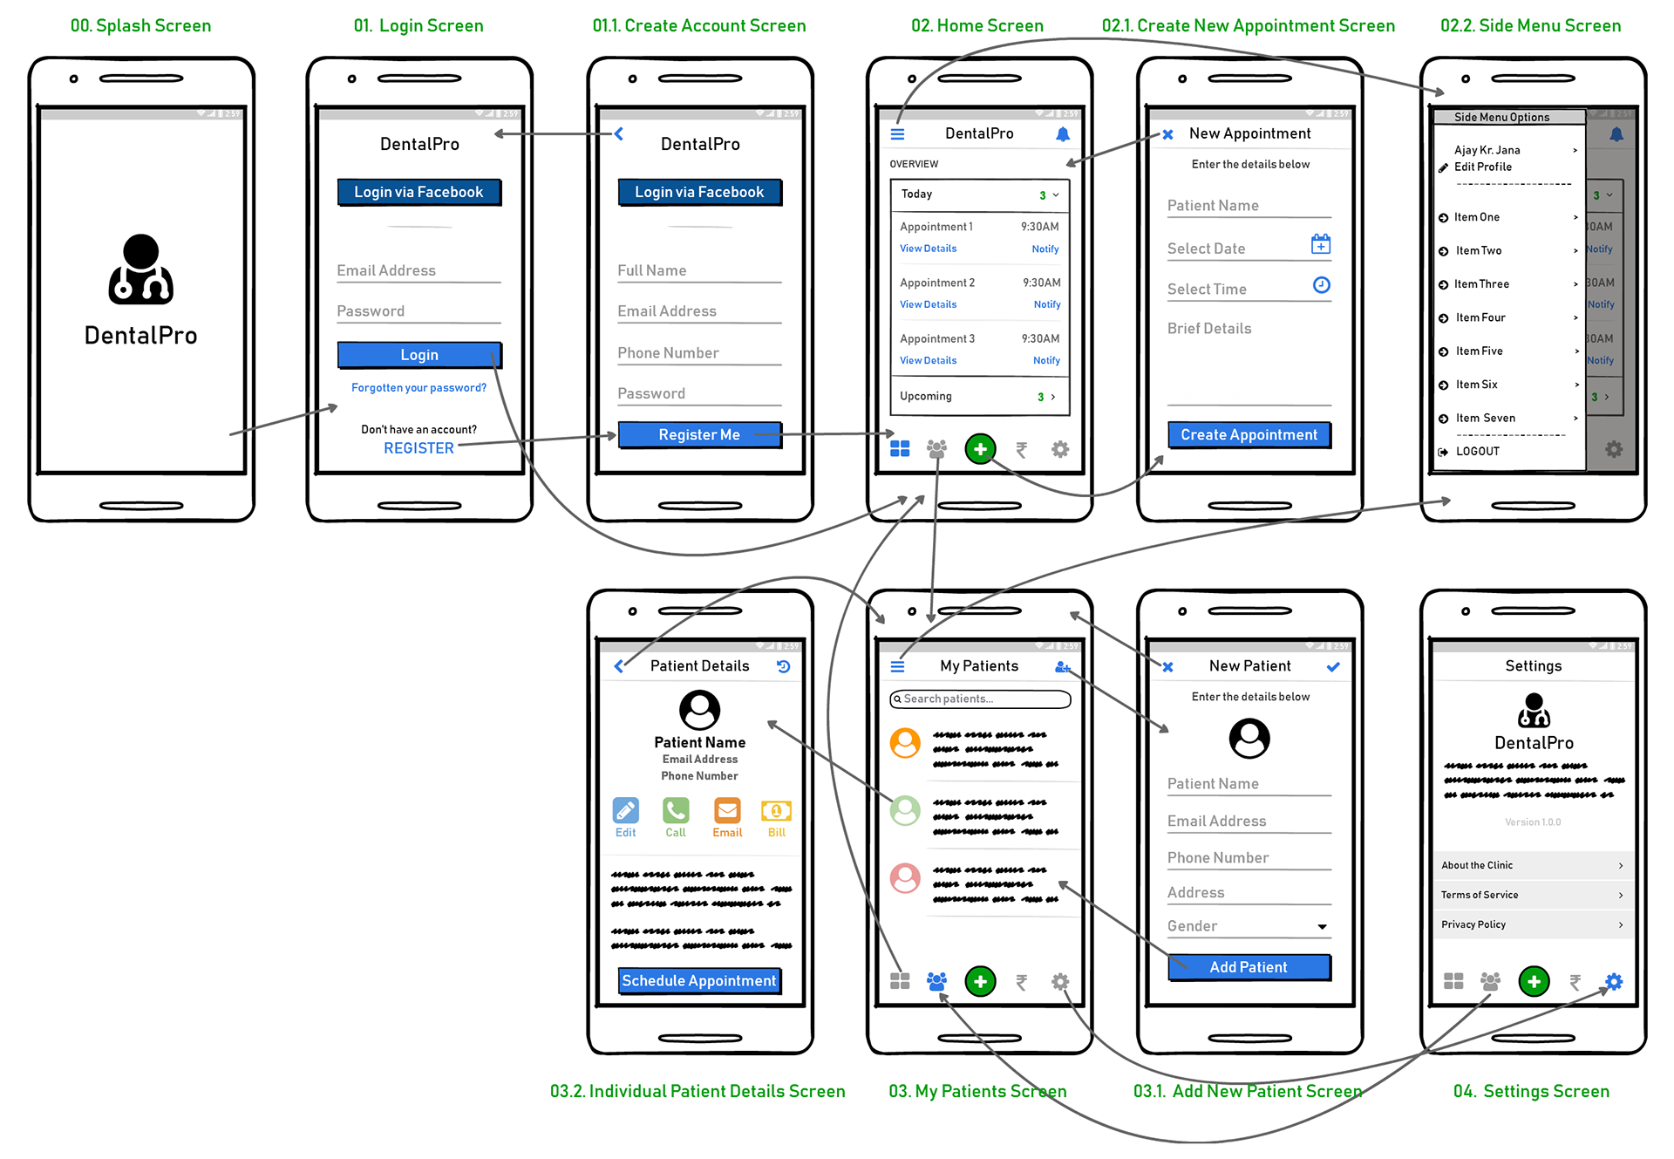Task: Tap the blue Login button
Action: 418,355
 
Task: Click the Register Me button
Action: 698,434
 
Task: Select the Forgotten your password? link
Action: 418,388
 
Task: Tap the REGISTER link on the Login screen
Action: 418,448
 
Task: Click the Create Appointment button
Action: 1249,434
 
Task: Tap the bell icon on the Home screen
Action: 1063,134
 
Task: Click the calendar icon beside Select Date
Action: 1321,245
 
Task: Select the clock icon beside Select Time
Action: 1322,285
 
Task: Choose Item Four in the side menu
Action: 1480,317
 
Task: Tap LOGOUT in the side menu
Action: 1477,452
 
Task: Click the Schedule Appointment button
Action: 698,981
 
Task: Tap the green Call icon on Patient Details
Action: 676,812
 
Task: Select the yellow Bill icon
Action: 776,812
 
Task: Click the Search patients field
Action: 980,699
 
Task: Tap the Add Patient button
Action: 1249,967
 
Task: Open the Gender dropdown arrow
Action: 1322,927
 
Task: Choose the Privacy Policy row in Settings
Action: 1532,924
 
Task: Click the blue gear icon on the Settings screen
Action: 1614,982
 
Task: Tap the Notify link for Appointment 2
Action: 1047,304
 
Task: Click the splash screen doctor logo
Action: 140,269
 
